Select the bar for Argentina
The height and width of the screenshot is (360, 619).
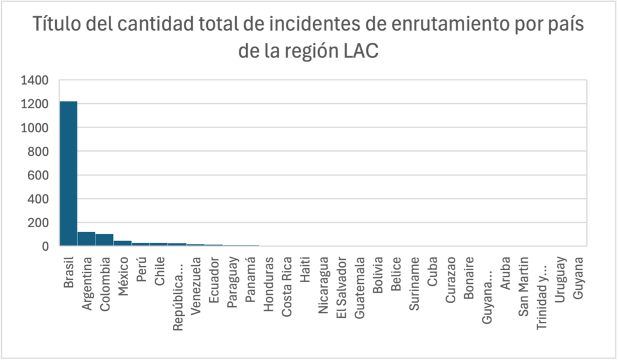tap(86, 239)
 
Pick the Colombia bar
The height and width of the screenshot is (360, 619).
tap(105, 240)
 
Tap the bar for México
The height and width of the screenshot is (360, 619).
tap(123, 243)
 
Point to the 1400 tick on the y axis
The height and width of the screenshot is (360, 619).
tap(34, 80)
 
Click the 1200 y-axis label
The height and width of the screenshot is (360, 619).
tap(34, 104)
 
